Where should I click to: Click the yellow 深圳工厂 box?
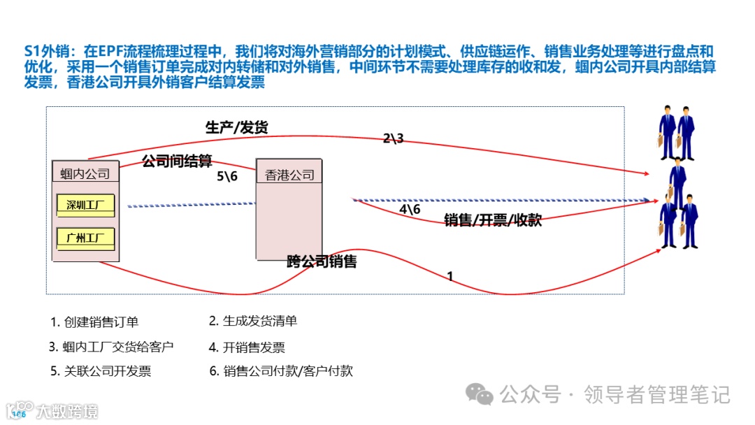pos(85,205)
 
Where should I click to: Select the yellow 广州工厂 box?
pos(85,238)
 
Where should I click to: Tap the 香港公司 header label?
pos(289,175)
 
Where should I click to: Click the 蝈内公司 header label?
pos(85,174)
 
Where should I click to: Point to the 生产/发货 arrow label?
pos(236,127)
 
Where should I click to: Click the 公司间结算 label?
pos(177,161)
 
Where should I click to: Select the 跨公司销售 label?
pos(322,262)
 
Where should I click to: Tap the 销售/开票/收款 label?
pos(493,220)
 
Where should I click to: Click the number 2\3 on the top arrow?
pos(393,138)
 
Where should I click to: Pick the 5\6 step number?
pos(227,176)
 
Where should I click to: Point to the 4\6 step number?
pos(410,209)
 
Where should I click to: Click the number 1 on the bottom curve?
pos(450,276)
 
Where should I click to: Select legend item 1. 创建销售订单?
pos(94,322)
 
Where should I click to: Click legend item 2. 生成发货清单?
pos(253,321)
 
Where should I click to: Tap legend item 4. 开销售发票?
pos(247,347)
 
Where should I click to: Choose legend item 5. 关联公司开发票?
pos(101,371)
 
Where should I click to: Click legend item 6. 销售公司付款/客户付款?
pos(281,371)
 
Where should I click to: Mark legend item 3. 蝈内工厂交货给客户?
pos(112,347)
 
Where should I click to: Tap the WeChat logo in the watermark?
pos(480,395)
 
